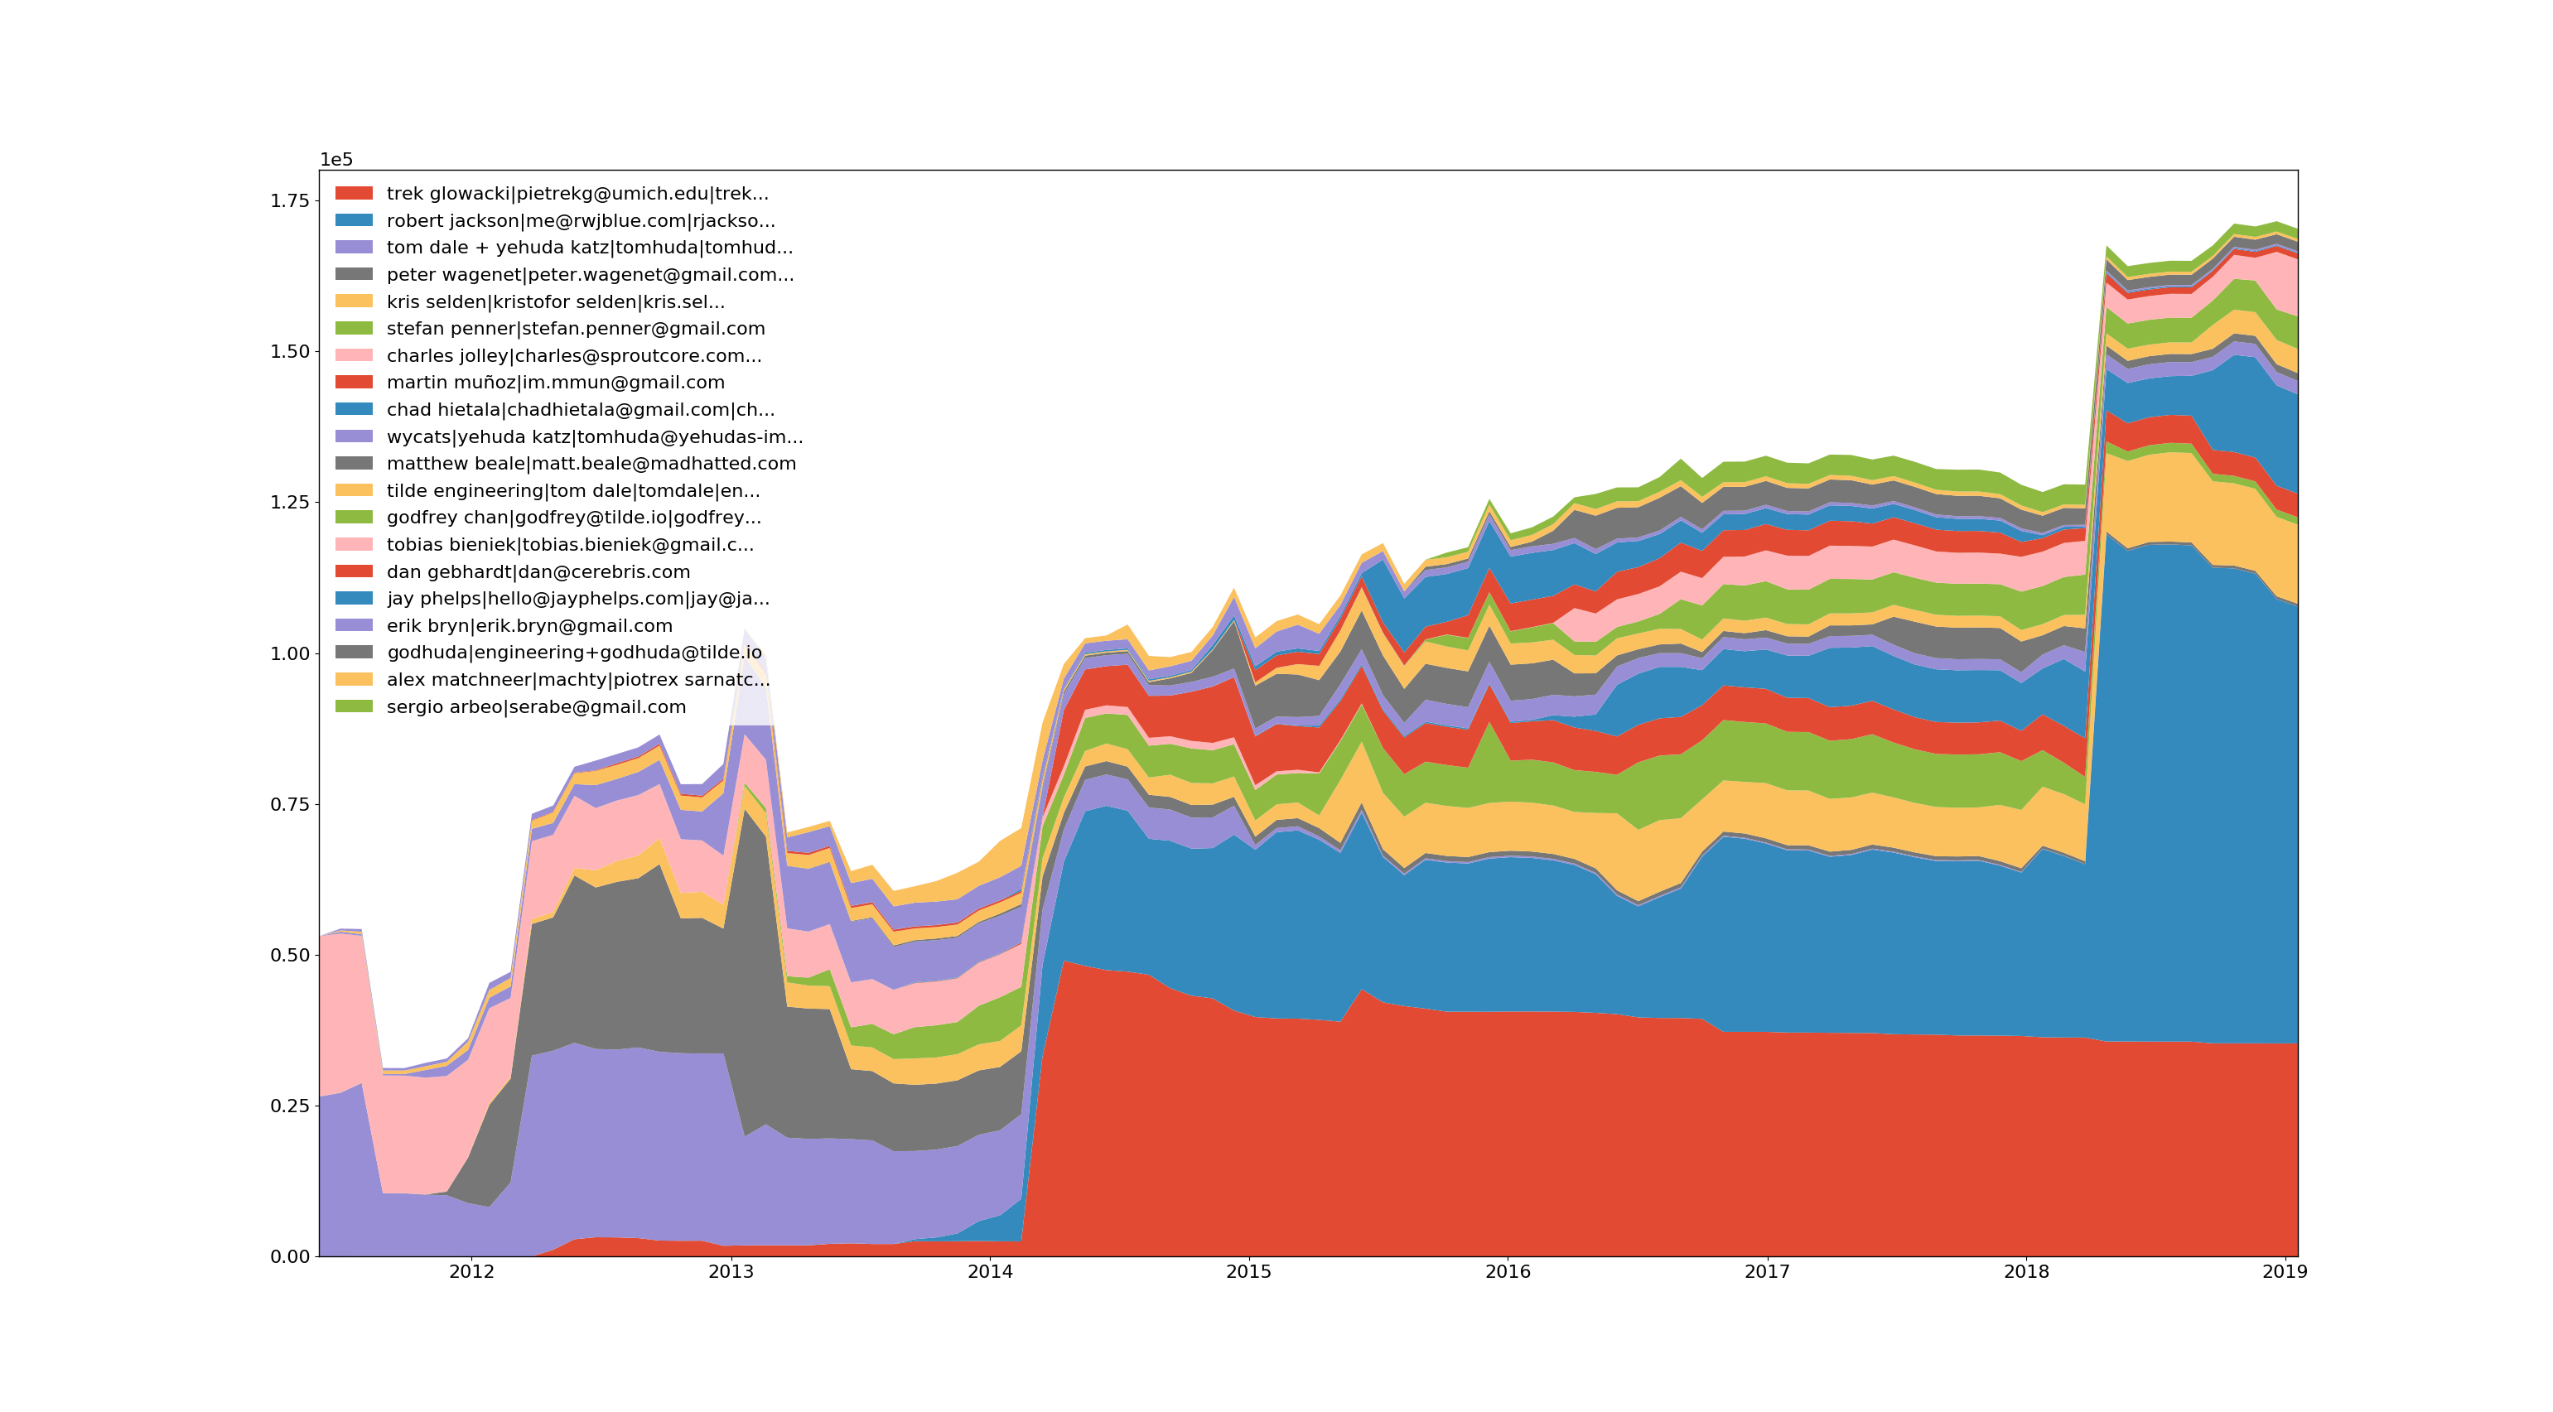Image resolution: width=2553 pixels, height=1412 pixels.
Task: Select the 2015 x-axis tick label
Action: pos(1249,1272)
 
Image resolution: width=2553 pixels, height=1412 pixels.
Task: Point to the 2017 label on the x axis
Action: pos(1767,1272)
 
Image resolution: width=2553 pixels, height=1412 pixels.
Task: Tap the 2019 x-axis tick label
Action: pos(2285,1272)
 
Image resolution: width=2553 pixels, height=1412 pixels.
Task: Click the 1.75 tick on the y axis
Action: pos(289,201)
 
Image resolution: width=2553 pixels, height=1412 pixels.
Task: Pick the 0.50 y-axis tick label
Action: pos(289,955)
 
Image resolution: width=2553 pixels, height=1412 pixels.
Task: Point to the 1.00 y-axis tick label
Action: pos(289,654)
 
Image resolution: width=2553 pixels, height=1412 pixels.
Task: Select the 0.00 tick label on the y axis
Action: pos(289,1256)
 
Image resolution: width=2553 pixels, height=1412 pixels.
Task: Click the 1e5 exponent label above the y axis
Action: pos(336,160)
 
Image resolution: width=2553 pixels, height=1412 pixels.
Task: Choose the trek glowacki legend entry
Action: pos(577,193)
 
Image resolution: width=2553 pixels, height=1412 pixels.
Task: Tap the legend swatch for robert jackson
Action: pos(354,220)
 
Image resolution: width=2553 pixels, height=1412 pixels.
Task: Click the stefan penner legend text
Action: pos(575,329)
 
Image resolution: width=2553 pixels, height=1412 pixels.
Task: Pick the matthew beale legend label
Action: pos(591,464)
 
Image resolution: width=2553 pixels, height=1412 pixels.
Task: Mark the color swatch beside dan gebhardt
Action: pos(354,571)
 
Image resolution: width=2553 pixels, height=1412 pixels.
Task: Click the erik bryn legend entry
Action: pos(529,626)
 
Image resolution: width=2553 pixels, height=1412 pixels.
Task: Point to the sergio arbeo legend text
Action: pos(535,707)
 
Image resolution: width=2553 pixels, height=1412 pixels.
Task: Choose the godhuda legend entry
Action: pos(574,652)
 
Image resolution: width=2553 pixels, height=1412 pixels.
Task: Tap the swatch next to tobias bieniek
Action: pos(354,545)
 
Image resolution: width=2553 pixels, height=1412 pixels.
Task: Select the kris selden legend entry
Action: pos(555,302)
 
